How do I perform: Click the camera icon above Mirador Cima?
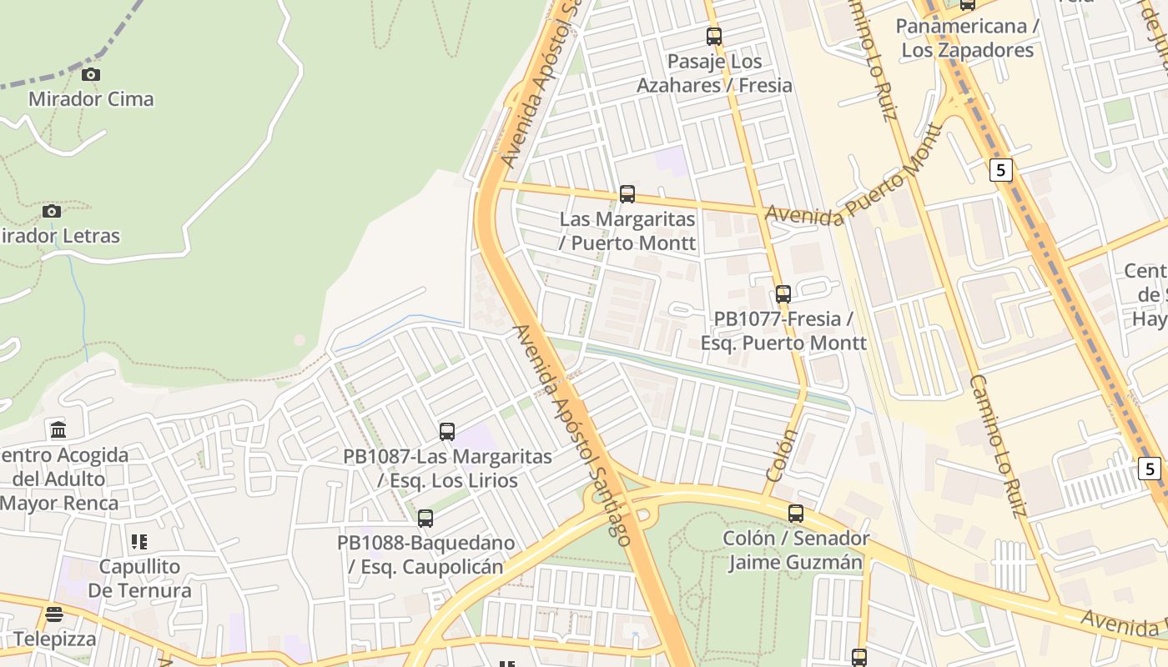click(91, 75)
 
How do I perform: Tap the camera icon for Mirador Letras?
click(52, 211)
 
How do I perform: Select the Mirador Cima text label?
click(91, 99)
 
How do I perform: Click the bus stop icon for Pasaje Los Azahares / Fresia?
click(714, 37)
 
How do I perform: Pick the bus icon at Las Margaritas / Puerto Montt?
click(627, 194)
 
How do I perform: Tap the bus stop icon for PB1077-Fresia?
click(783, 294)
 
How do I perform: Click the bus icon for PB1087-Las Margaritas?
click(447, 432)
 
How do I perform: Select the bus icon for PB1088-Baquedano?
click(425, 519)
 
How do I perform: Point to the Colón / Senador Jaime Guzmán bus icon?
click(796, 514)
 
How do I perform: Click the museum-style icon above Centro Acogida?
click(58, 431)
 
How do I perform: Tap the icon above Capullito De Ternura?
click(139, 542)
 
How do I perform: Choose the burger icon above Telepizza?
click(54, 615)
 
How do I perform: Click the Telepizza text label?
click(55, 639)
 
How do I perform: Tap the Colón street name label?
click(782, 455)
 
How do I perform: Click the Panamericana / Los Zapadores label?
click(968, 38)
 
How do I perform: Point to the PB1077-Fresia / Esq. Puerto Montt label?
click(783, 331)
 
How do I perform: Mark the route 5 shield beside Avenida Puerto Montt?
click(1001, 170)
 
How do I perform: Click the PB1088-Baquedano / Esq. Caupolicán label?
click(425, 555)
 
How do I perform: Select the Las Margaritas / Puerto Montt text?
click(627, 231)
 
